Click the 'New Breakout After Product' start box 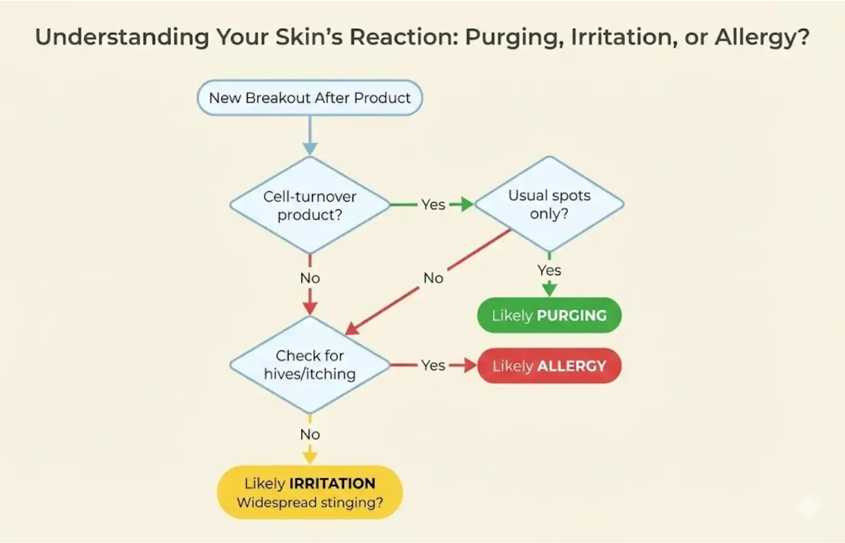pos(310,98)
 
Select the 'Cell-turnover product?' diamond pos(310,205)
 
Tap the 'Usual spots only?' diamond pos(549,204)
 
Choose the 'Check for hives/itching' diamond pos(310,364)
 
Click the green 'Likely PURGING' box pos(549,315)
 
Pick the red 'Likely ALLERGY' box pos(549,366)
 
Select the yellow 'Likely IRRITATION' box pos(310,492)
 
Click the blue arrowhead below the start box pos(310,148)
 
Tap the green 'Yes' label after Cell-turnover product pos(433,205)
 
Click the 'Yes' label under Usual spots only pos(549,270)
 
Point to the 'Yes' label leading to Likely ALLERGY pos(433,365)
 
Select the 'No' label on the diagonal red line pos(433,278)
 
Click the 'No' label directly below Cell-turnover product pos(310,278)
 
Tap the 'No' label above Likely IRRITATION pos(310,434)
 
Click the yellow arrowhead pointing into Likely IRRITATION pos(310,457)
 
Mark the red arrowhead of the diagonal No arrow pos(352,329)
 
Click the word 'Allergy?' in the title pos(762,37)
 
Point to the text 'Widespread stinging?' pos(310,503)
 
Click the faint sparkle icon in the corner pos(808,506)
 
